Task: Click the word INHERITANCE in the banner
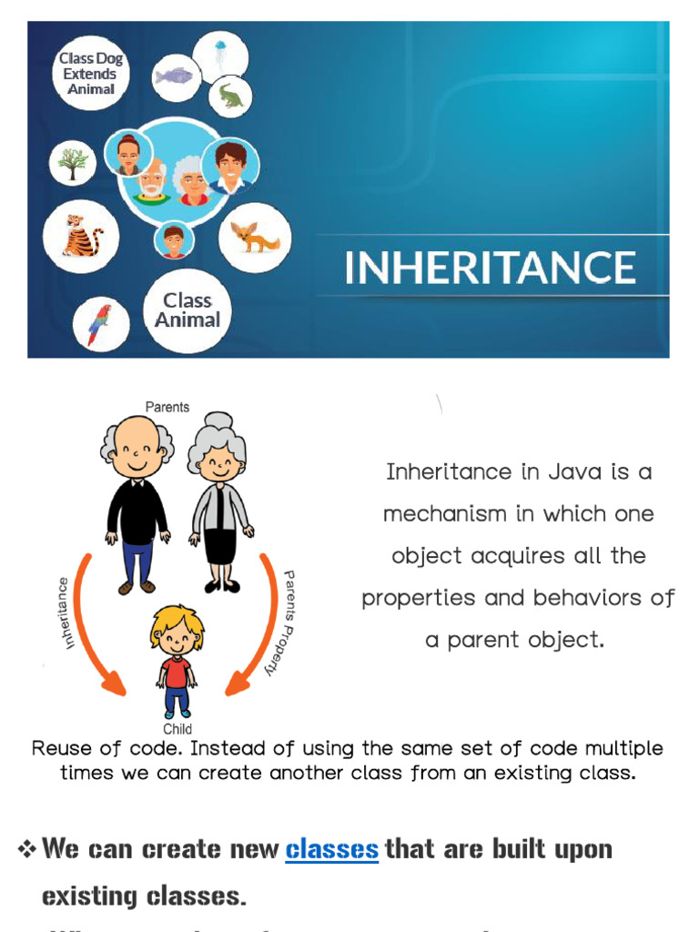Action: coord(490,268)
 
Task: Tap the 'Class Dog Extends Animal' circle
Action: coord(90,73)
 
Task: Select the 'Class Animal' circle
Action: coord(187,310)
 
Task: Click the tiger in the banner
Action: coord(81,236)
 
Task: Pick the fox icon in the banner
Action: coord(254,237)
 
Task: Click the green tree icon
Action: coord(73,164)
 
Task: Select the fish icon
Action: coord(175,75)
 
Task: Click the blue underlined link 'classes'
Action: coord(331,850)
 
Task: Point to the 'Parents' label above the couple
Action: coord(167,407)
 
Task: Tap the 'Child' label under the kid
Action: coord(177,729)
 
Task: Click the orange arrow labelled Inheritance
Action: coord(91,628)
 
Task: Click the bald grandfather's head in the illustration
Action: coord(137,441)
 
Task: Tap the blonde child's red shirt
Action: coord(177,672)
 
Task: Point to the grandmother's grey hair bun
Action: coord(218,420)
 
